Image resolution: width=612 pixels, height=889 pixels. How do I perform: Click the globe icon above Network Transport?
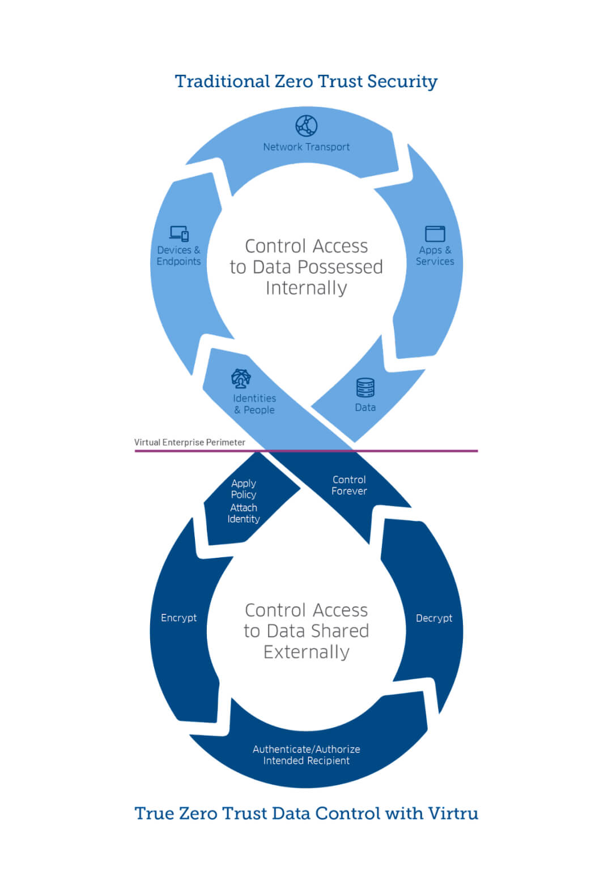point(307,126)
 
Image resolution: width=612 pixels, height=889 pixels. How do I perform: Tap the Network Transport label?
point(306,147)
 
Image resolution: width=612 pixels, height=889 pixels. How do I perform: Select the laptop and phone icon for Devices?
point(179,233)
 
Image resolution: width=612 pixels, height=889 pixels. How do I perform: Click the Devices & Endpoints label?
point(178,255)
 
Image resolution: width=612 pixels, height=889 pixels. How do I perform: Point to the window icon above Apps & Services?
point(435,233)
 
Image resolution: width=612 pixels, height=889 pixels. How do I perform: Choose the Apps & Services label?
point(435,255)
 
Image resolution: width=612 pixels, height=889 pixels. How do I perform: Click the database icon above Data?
point(365,388)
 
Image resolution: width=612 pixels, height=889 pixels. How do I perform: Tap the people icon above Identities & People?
point(241,378)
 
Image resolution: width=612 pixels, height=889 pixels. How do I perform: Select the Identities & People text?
point(254,404)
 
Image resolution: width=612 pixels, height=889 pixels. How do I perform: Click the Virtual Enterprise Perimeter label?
point(189,442)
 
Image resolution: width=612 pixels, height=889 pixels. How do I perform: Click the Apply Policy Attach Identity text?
point(244,501)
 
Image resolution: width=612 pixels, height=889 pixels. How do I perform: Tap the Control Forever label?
point(349,485)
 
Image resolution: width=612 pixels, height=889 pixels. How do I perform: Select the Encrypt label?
point(178,618)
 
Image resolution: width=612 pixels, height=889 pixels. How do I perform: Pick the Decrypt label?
point(434,618)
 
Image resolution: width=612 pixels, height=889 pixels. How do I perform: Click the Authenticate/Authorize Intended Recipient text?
point(306,755)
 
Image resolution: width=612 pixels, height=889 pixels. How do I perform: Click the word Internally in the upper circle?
point(306,288)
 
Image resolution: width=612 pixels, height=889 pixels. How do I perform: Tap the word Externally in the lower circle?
point(306,652)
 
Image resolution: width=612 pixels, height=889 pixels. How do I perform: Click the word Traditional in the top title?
point(222,82)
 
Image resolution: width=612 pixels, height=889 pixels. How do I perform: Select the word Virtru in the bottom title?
point(453,814)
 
